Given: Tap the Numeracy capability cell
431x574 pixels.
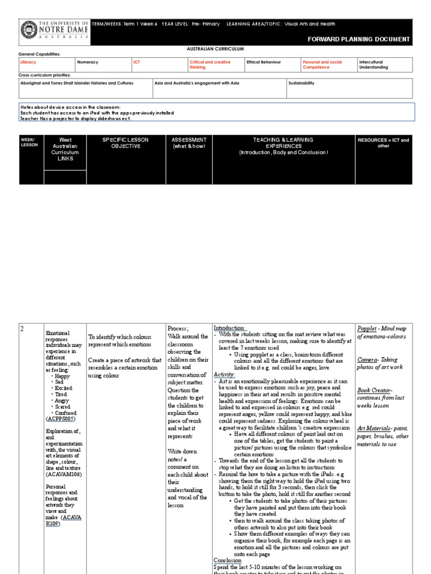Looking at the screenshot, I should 88,62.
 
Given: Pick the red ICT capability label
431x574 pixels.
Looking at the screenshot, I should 136,62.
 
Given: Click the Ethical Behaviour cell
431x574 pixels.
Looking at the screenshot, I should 264,62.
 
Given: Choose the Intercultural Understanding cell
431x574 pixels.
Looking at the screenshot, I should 373,64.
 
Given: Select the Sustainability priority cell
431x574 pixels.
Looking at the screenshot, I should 301,83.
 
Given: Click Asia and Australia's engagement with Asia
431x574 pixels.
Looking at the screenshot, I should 196,83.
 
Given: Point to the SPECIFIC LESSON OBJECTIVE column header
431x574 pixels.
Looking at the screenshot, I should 125,143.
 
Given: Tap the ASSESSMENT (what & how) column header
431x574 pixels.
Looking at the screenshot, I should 189,143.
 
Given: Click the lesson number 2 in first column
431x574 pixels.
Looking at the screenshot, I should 22,329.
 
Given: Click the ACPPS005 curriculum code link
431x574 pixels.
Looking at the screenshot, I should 61,419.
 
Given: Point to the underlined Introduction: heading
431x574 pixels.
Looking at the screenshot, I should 230,328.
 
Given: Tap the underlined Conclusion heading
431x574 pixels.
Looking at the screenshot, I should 227,560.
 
